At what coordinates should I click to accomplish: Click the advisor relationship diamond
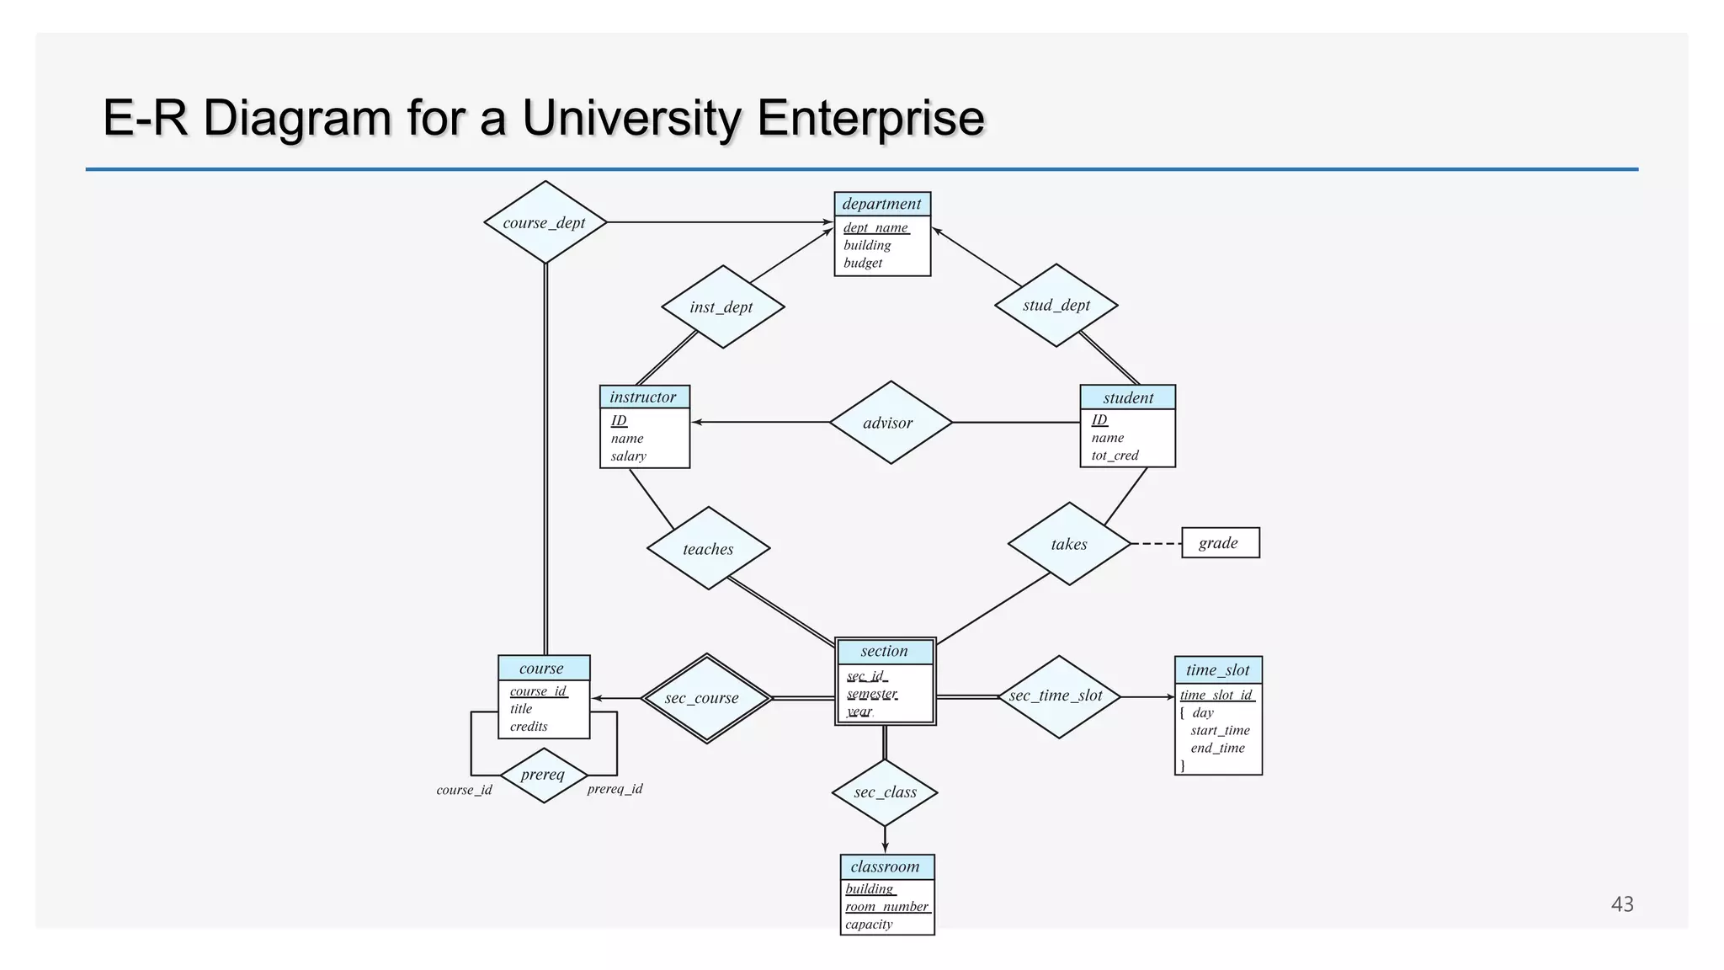coord(890,423)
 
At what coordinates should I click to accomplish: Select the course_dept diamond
coord(545,222)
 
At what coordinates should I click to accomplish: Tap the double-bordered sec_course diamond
coord(705,698)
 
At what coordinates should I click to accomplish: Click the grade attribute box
coord(1220,543)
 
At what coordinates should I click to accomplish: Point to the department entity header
coord(881,204)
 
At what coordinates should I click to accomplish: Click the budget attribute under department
coord(863,263)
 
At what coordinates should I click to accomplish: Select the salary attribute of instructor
coord(629,456)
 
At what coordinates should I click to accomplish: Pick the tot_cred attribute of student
coord(1115,456)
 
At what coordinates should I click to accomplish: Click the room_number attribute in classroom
coord(886,907)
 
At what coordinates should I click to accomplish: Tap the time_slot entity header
coord(1217,670)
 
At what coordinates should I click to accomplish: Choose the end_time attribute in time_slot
coord(1217,748)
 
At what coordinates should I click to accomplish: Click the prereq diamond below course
coord(543,775)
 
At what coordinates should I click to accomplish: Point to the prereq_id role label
coord(615,789)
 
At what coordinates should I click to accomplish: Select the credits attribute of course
coord(529,727)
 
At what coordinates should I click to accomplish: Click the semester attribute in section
coord(872,694)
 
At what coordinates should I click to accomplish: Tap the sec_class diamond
coord(885,792)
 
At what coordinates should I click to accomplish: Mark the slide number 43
coord(1621,904)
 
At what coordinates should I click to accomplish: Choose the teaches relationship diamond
coord(708,549)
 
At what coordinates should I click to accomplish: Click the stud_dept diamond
coord(1056,305)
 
